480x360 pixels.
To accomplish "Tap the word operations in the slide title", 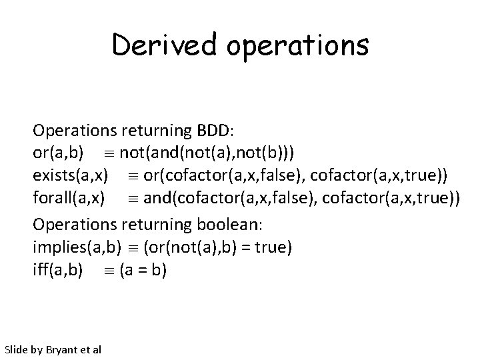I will coord(297,45).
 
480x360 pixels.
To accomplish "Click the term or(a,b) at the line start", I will coord(58,153).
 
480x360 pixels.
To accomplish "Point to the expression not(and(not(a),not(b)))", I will coord(208,153).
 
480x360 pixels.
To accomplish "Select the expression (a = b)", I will coord(143,271).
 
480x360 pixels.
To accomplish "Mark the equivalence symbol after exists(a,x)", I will coord(124,177).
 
